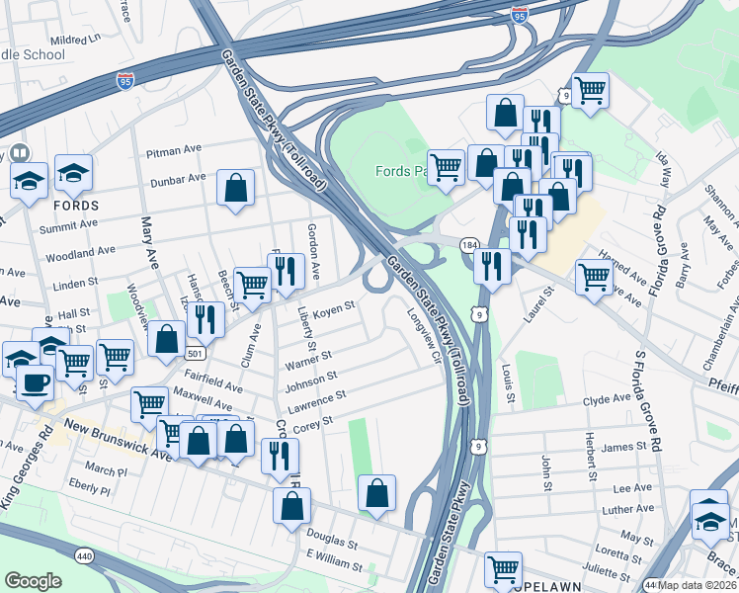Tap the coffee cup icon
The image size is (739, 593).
click(x=36, y=381)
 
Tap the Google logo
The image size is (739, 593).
click(x=33, y=581)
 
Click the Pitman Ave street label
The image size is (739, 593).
click(x=173, y=150)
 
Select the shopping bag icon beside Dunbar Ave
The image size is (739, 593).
click(x=235, y=187)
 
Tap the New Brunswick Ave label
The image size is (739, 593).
click(x=119, y=440)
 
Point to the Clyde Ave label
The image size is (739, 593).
click(x=607, y=399)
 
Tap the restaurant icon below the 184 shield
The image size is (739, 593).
click(x=490, y=265)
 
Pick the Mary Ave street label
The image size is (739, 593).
click(x=150, y=243)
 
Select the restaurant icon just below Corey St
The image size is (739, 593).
click(x=280, y=455)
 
